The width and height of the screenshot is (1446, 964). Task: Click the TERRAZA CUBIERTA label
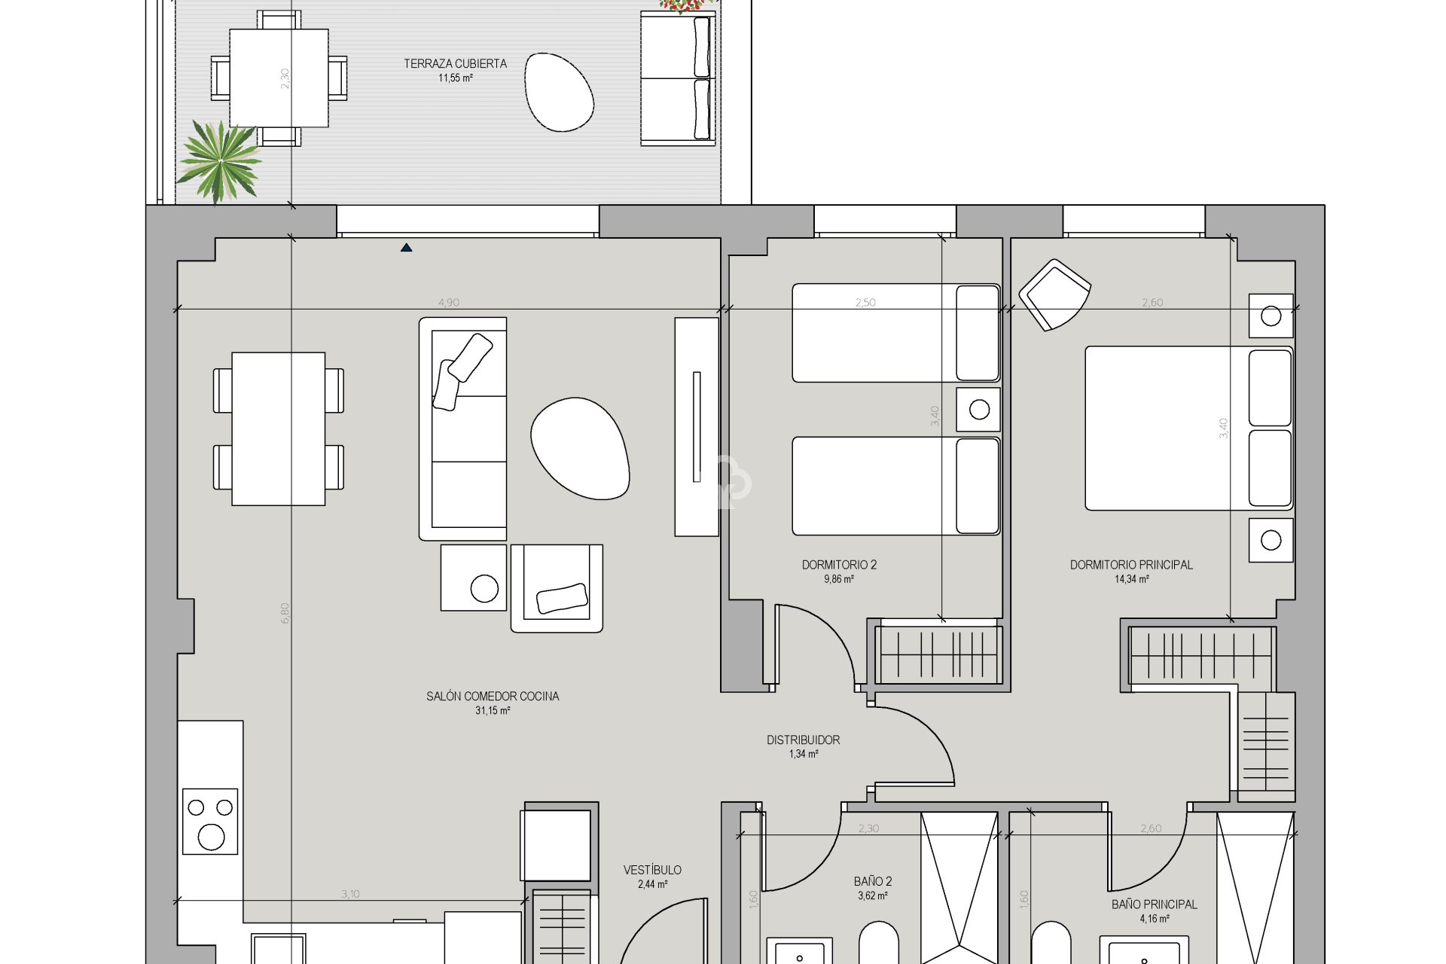[455, 64]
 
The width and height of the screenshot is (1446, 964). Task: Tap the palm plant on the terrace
[219, 160]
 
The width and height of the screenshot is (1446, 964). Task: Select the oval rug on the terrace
[560, 92]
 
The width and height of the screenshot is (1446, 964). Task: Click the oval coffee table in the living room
[580, 448]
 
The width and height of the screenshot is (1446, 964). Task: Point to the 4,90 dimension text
[449, 303]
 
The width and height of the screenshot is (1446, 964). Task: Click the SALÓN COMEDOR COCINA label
[493, 697]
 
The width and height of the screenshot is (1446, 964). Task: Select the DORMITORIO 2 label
[839, 565]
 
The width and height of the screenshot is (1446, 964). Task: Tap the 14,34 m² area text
[1131, 579]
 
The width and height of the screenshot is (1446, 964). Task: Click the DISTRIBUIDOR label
[803, 740]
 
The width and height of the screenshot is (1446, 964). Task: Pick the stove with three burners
[210, 822]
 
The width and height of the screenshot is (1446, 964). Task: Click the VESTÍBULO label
[652, 871]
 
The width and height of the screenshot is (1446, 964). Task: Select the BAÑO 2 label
[873, 881]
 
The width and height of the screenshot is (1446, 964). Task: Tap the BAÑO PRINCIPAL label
[1154, 905]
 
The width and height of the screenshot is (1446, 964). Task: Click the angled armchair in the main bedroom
[1054, 294]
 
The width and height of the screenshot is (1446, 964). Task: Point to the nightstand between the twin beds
[978, 410]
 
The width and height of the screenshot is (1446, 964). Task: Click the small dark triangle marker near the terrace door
[406, 247]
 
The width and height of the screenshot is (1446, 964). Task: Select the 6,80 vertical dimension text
[285, 613]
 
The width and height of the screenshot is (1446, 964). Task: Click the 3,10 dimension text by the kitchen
[350, 895]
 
